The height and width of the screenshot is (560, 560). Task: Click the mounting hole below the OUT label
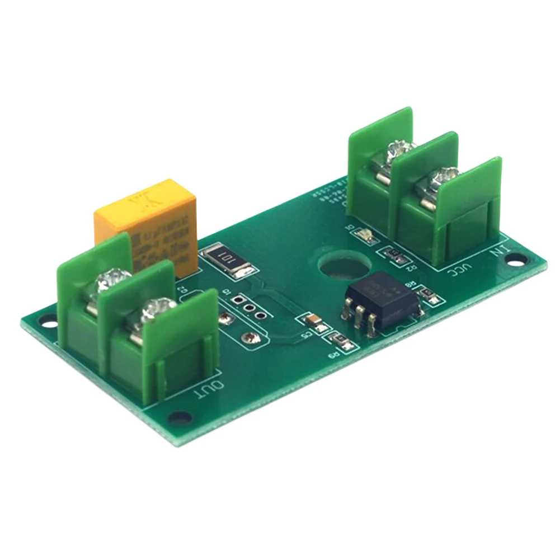(180, 417)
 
